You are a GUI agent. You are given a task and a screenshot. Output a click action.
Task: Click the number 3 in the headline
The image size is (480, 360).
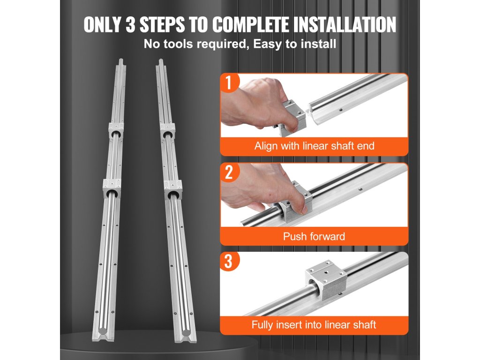click(x=130, y=24)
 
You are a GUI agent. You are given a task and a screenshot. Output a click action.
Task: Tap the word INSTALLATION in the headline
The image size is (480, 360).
click(x=345, y=24)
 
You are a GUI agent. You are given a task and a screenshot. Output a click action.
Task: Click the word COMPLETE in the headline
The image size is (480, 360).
click(x=250, y=24)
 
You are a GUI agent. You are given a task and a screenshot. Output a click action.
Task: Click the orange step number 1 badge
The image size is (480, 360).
click(x=229, y=82)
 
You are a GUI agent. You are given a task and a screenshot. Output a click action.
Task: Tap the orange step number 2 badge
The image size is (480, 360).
click(x=229, y=172)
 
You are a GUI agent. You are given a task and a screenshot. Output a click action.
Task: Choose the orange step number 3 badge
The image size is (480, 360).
click(x=229, y=262)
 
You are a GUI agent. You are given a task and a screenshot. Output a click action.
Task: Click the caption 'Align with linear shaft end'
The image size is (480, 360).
click(x=314, y=146)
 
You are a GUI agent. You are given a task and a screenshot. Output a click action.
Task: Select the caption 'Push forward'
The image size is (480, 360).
click(x=314, y=236)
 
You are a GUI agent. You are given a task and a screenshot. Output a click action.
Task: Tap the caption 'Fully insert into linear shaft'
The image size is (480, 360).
click(x=314, y=324)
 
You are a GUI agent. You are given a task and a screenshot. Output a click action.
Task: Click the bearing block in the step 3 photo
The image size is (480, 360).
click(x=326, y=280)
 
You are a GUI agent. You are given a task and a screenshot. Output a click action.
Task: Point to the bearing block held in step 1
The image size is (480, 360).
click(x=293, y=118)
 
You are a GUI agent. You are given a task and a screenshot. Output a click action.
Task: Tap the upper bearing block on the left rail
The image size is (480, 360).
click(x=116, y=130)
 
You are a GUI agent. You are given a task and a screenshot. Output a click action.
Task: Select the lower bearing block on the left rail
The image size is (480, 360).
click(x=112, y=188)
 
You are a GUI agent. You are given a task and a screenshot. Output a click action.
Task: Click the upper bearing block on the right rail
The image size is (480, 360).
click(x=167, y=131)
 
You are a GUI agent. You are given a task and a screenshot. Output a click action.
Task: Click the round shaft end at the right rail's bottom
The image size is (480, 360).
click(x=186, y=333)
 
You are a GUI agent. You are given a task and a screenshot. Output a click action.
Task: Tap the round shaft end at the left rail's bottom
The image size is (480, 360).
click(x=103, y=331)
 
